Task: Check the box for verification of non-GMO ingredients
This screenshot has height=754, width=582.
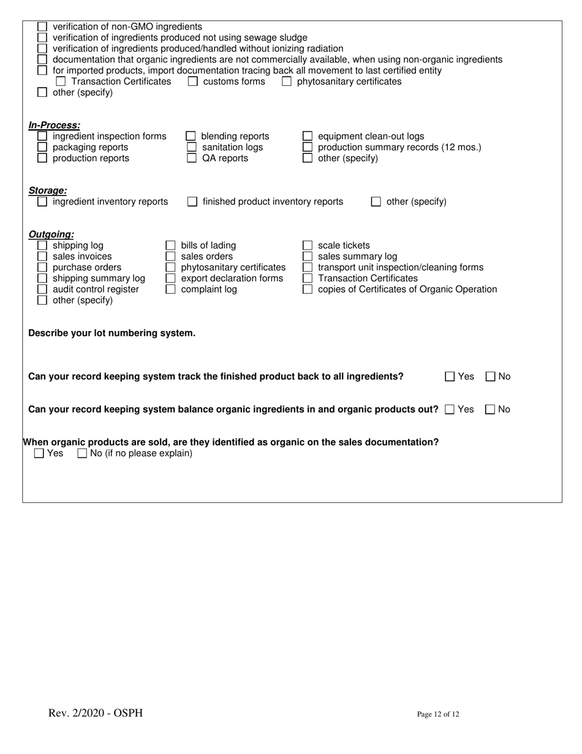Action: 42,27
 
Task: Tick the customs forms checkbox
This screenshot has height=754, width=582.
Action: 192,82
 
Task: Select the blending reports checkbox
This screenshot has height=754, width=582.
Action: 191,136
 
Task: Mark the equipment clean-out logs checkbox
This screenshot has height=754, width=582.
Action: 308,136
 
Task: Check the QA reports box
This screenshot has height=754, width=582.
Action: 191,158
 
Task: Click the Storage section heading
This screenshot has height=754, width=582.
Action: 48,191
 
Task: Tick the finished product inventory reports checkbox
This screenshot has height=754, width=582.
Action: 192,202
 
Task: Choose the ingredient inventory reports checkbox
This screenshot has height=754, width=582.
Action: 42,202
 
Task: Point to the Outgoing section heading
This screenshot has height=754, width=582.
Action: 51,234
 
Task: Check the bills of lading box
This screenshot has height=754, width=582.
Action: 171,246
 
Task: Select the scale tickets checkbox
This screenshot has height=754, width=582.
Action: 308,246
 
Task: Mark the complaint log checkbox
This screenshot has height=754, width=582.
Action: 171,289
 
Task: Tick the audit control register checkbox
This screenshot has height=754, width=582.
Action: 42,289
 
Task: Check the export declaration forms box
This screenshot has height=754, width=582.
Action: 171,278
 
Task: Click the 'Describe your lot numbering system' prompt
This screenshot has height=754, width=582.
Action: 112,333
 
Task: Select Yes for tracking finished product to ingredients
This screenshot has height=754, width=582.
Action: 450,377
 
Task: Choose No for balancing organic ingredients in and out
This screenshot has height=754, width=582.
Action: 491,409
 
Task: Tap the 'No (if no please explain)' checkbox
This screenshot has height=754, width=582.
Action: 82,454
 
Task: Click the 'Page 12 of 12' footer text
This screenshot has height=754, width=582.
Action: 438,714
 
